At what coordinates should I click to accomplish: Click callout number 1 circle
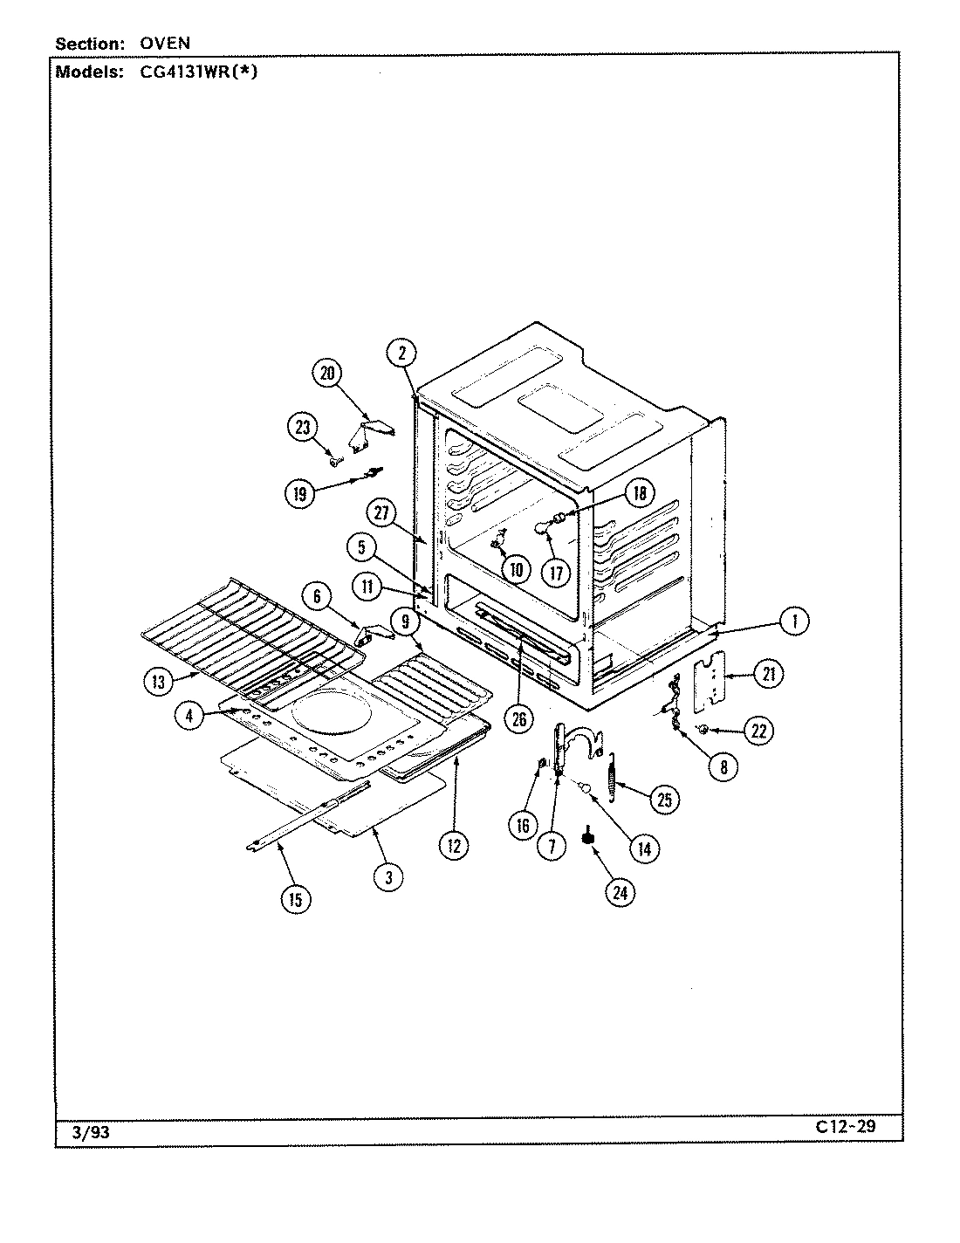click(x=792, y=621)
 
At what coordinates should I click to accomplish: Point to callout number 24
click(x=619, y=891)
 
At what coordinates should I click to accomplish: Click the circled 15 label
click(x=296, y=898)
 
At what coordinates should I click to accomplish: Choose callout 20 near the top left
click(x=327, y=373)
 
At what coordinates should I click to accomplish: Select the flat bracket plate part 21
click(x=713, y=676)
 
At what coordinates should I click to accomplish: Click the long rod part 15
click(x=305, y=820)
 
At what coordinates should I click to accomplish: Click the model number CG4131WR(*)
click(x=198, y=72)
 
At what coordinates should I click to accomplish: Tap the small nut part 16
click(x=541, y=766)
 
